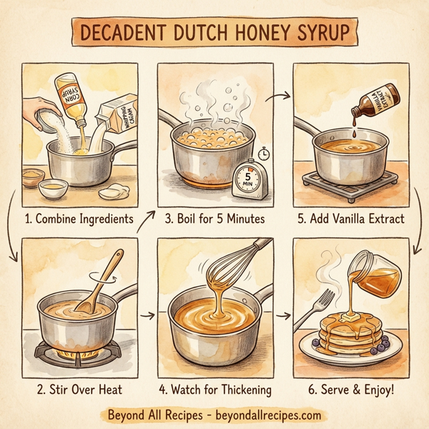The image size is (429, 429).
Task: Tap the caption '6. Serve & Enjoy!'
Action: coord(353,390)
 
